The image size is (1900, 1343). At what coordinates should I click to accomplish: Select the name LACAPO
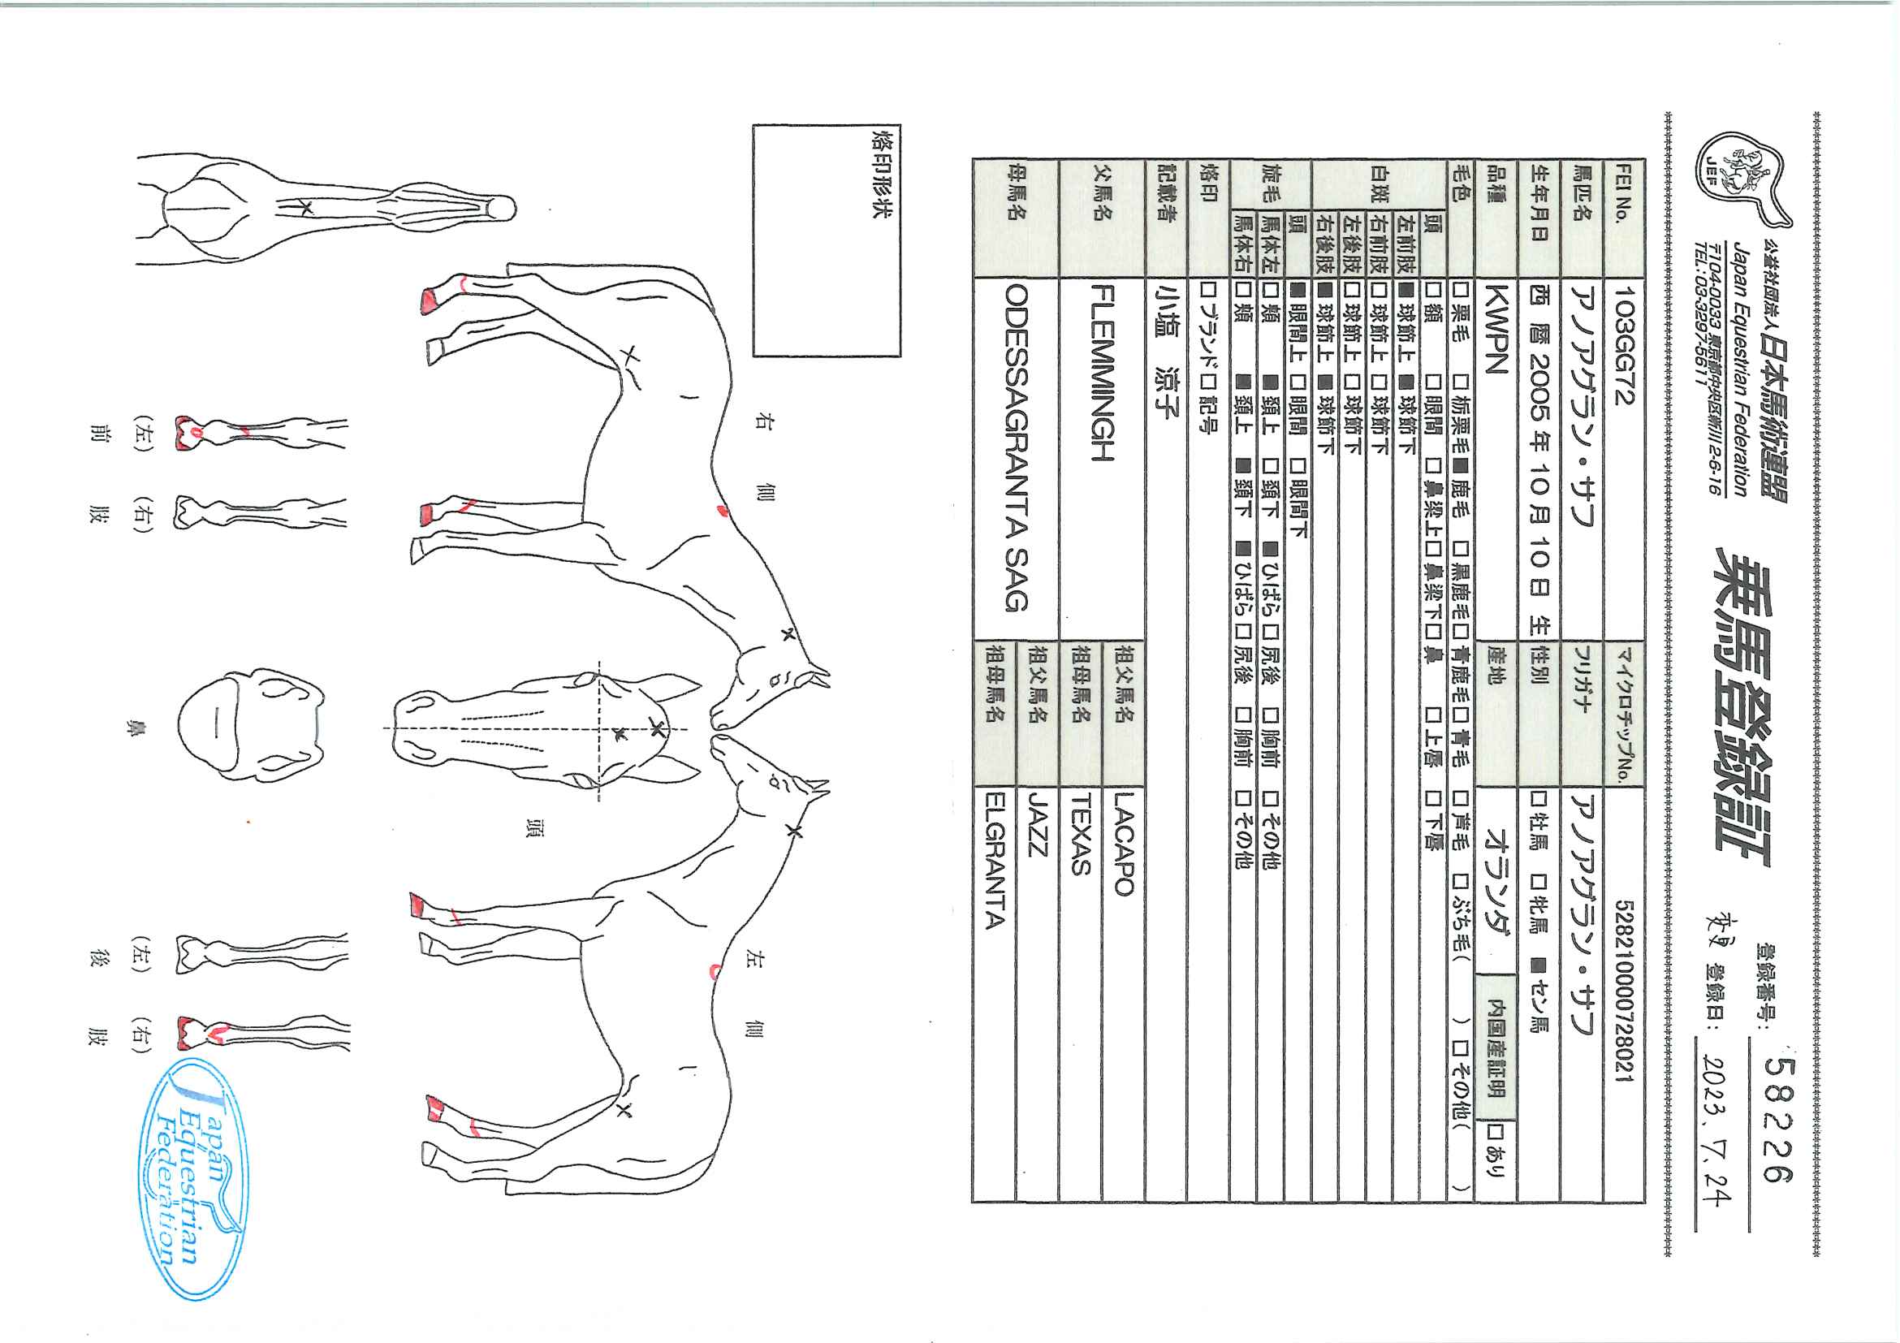[x=1123, y=844]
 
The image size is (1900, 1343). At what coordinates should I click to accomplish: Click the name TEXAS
[x=1081, y=834]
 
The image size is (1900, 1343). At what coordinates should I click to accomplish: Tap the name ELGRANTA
[x=995, y=861]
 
